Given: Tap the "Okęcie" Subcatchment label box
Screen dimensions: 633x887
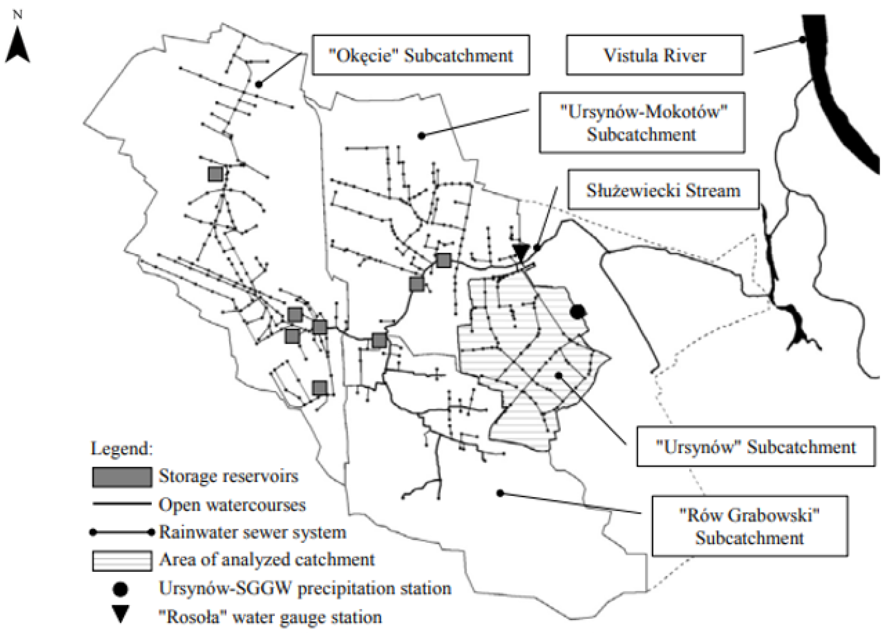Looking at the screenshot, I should click(x=420, y=55).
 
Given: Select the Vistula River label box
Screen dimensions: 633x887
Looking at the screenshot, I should click(x=655, y=55).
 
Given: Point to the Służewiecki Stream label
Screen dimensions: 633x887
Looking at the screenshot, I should click(x=663, y=190).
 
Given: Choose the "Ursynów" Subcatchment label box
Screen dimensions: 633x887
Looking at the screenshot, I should click(x=755, y=447).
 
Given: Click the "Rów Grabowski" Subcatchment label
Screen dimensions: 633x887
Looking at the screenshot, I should click(x=749, y=526).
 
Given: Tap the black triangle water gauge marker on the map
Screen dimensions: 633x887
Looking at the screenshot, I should click(x=521, y=251).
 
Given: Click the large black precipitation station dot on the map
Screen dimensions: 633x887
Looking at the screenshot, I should click(x=578, y=311).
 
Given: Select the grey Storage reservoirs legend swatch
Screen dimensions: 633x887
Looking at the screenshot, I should click(x=122, y=477).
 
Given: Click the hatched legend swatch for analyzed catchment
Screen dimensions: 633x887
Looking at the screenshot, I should click(x=122, y=561).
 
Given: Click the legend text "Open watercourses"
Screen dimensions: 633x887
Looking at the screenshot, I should click(x=232, y=504).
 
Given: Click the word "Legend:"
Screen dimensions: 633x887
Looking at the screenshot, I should click(x=122, y=448).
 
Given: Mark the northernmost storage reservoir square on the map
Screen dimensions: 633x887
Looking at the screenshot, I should click(x=215, y=174).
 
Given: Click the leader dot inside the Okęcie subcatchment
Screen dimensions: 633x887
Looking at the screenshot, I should click(x=259, y=84).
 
